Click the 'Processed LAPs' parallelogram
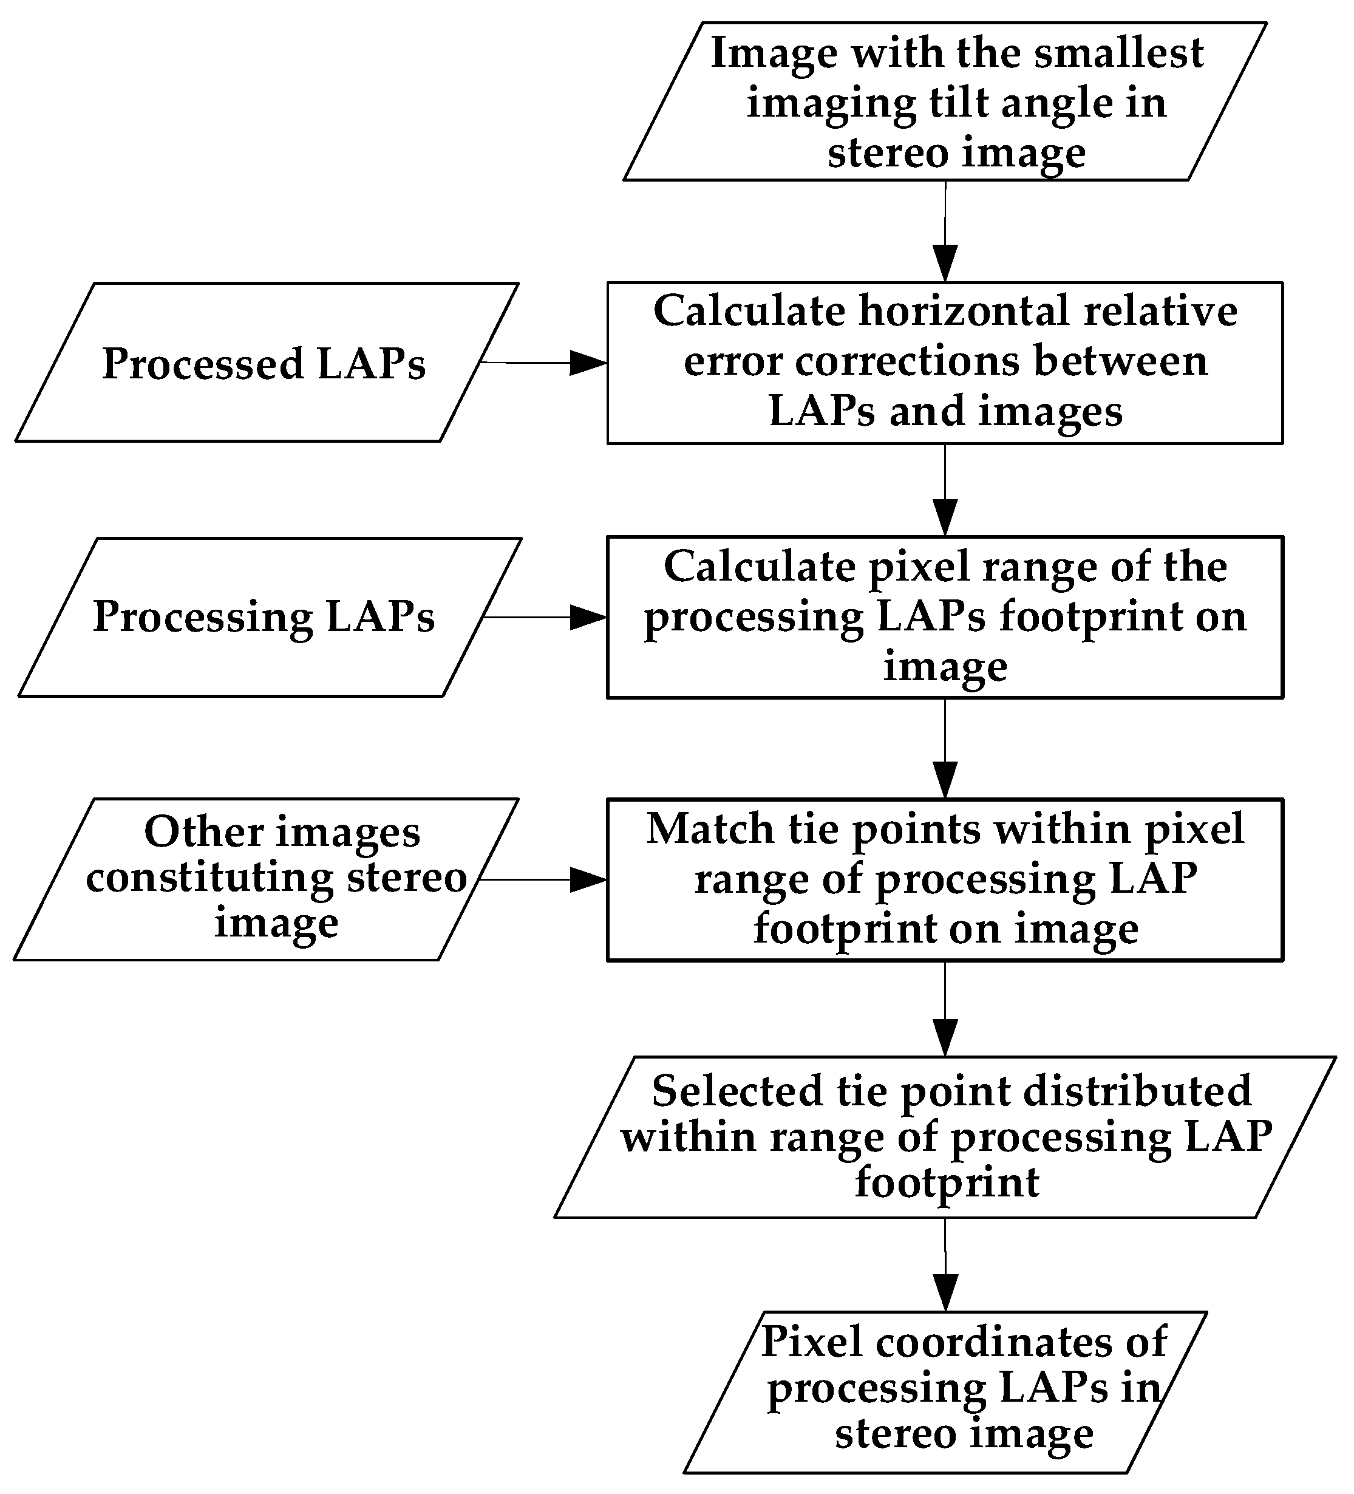(265, 363)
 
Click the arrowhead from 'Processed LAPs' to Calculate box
(588, 363)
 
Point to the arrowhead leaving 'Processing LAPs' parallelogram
(588, 617)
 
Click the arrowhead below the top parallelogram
(945, 263)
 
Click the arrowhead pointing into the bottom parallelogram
(945, 1292)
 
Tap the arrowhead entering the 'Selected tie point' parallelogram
(945, 1037)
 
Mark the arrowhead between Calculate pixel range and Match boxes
(945, 780)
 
